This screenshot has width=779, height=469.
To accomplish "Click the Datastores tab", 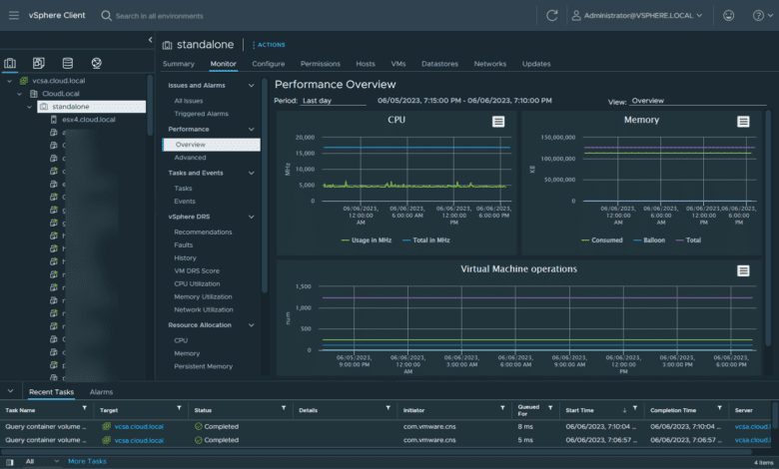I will tap(439, 64).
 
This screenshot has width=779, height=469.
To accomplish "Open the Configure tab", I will tap(268, 64).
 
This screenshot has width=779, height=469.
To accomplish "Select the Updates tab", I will tap(536, 64).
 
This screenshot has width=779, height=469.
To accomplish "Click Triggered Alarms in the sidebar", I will tap(201, 114).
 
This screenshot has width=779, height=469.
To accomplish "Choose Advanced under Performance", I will tap(190, 158).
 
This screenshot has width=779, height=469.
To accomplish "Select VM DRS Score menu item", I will tap(197, 270).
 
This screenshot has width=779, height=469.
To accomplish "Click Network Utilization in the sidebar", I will tap(204, 310).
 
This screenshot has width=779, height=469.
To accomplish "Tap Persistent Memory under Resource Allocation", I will tap(203, 366).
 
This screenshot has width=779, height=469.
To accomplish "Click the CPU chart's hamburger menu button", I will tap(498, 121).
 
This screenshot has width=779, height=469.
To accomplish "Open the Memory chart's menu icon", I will tap(743, 121).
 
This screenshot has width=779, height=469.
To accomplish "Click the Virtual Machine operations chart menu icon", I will tap(743, 270).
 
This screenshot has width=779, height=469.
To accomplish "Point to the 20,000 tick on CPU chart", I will tap(303, 138).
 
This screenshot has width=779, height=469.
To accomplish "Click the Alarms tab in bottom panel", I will tap(101, 392).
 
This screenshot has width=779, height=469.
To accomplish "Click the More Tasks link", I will tap(87, 461).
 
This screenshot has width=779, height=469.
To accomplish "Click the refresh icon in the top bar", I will tap(552, 16).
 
